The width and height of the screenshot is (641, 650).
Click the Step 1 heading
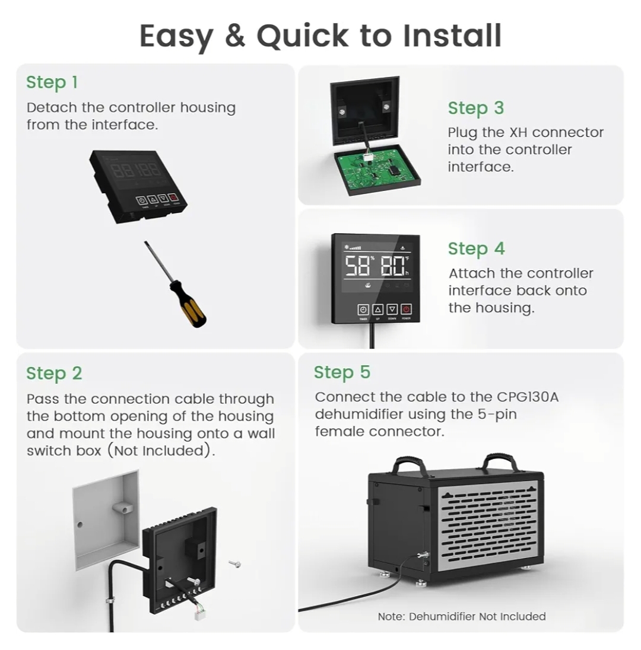(x=52, y=82)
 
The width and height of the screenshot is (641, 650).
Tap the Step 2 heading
(x=54, y=374)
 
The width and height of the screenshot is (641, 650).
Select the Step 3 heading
(x=476, y=108)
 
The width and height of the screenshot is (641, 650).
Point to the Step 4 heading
(x=476, y=248)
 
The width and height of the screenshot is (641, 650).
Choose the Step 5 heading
(x=342, y=372)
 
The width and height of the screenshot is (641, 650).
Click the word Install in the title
(x=452, y=36)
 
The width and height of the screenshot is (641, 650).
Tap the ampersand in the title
(x=235, y=36)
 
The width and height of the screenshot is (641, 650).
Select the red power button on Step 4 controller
(x=406, y=309)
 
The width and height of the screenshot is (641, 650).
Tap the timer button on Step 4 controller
(x=363, y=309)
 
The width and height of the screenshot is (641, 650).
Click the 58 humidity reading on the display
(x=357, y=266)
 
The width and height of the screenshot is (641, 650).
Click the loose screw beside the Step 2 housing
(x=235, y=563)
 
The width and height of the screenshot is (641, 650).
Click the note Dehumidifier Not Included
(x=461, y=616)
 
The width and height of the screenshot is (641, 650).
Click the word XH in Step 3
(x=519, y=133)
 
